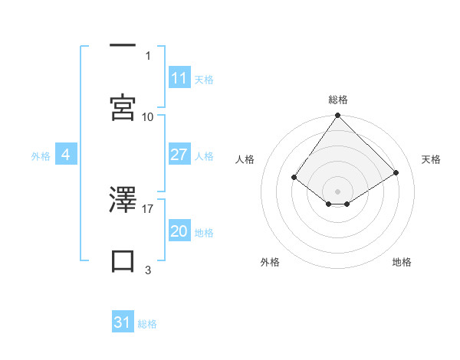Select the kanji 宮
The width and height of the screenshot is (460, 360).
coord(123,107)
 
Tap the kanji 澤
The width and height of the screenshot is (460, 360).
coord(123,201)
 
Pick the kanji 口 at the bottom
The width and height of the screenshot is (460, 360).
coord(123,260)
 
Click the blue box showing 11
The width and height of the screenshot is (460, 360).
coord(179,78)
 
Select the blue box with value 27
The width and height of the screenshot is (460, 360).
coord(179,155)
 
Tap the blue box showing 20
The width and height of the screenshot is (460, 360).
coord(179,231)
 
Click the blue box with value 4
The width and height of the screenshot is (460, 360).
coord(66,155)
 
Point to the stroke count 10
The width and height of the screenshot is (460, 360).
coord(148,116)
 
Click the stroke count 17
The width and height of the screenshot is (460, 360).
coord(148,208)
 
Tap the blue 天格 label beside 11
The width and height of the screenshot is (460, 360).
coord(204,79)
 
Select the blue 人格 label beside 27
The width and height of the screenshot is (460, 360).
coord(204,155)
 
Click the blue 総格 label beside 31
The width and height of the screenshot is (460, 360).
coord(147,324)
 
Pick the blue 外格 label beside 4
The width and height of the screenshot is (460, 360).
coord(41,155)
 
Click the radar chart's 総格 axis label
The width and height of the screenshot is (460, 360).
coord(338,100)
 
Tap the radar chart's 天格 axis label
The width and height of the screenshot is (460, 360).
coord(432,159)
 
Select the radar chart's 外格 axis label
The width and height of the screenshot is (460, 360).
coord(270,262)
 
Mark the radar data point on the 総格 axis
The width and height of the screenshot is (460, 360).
coord(338,116)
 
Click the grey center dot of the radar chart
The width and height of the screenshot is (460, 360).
coord(338,191)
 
